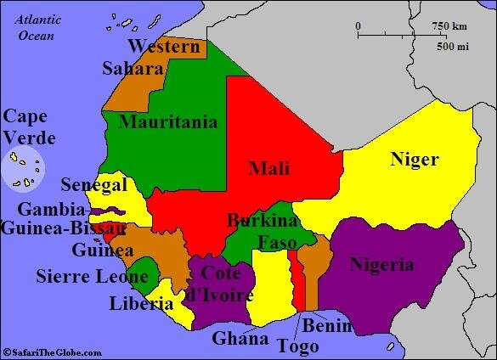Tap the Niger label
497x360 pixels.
click(x=414, y=159)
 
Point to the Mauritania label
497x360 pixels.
click(x=168, y=121)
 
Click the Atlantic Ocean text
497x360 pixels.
click(x=36, y=28)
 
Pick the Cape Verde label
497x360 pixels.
click(x=29, y=127)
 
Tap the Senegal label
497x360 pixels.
click(x=93, y=185)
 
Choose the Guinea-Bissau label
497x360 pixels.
click(x=63, y=228)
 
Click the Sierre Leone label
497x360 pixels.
click(x=82, y=276)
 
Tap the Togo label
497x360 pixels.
click(x=298, y=346)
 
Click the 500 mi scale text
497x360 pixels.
click(x=453, y=46)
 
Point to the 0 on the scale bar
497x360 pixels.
click(x=358, y=26)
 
